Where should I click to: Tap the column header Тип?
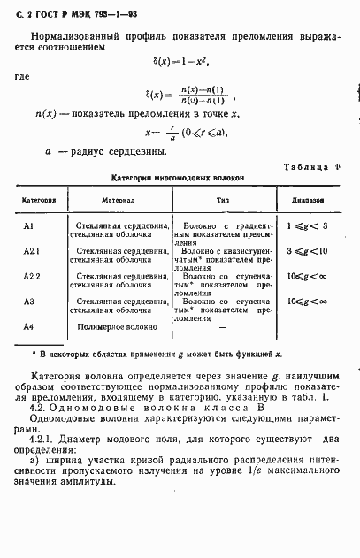[x=222, y=201]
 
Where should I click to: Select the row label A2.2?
[x=32, y=277]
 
